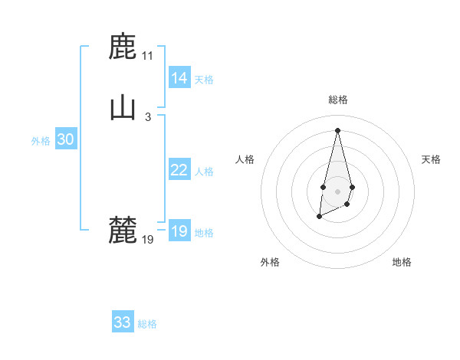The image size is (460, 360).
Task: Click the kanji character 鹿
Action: coord(123,47)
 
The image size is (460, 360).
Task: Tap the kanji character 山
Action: coord(123,108)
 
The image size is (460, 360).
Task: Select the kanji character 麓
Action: coord(123,230)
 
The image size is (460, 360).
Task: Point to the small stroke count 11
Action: coord(147,56)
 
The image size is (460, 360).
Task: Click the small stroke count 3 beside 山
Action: coord(147,116)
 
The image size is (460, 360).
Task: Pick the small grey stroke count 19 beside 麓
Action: coord(147,239)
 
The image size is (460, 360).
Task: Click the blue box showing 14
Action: coord(179,78)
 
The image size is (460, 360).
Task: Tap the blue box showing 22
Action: coord(179,170)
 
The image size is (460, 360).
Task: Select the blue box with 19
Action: coord(179,231)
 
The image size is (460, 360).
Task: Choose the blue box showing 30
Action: coord(65,139)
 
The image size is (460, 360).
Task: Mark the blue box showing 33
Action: coord(123,322)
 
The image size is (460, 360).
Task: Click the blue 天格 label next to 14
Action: coord(204,80)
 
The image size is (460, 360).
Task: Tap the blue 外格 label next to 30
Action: coord(41,141)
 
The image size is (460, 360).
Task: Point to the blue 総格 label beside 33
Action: coord(147,324)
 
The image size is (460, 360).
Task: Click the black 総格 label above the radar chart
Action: coord(337,100)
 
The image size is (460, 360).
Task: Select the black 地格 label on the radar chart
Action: coord(402,262)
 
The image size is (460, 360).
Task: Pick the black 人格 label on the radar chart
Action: coord(245,159)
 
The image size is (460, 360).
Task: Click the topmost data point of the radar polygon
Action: coord(337,129)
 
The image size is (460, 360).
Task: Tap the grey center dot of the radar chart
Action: coord(337,190)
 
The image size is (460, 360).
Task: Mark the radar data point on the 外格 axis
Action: coord(320,218)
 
